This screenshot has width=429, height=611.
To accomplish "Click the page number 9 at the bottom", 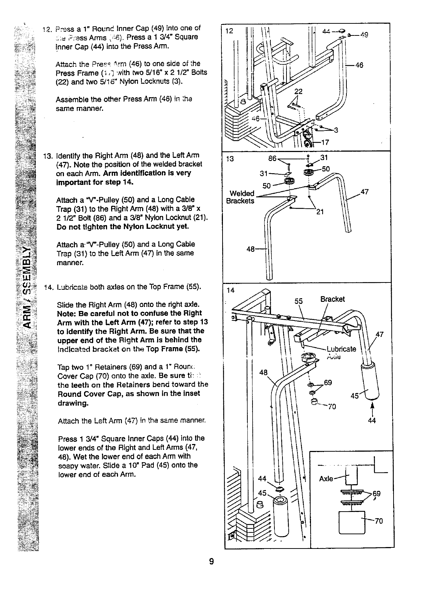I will tap(212, 561).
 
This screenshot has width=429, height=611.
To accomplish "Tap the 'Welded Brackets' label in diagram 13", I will tap(241, 197).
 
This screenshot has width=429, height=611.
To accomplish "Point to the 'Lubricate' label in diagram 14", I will tap(341, 349).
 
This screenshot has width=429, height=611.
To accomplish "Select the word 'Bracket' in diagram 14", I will tap(333, 299).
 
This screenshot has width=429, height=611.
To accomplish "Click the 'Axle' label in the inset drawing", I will tap(326, 478).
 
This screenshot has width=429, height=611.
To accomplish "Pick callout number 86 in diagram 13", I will tap(273, 159).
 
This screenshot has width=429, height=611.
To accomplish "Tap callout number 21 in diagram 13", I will tap(320, 212).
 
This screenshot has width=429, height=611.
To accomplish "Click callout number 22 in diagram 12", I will tap(299, 92).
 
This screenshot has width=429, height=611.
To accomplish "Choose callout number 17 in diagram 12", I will tap(325, 143).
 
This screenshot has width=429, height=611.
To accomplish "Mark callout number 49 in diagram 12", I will tap(364, 35).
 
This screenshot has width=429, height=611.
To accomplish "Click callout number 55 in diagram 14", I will tap(299, 301).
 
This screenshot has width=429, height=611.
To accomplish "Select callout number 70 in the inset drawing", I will tap(379, 521).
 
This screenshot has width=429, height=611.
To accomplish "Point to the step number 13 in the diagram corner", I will tap(230, 159).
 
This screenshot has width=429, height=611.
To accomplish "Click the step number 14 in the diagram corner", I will tap(230, 291).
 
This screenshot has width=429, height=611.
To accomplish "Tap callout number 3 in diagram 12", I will tap(336, 130).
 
